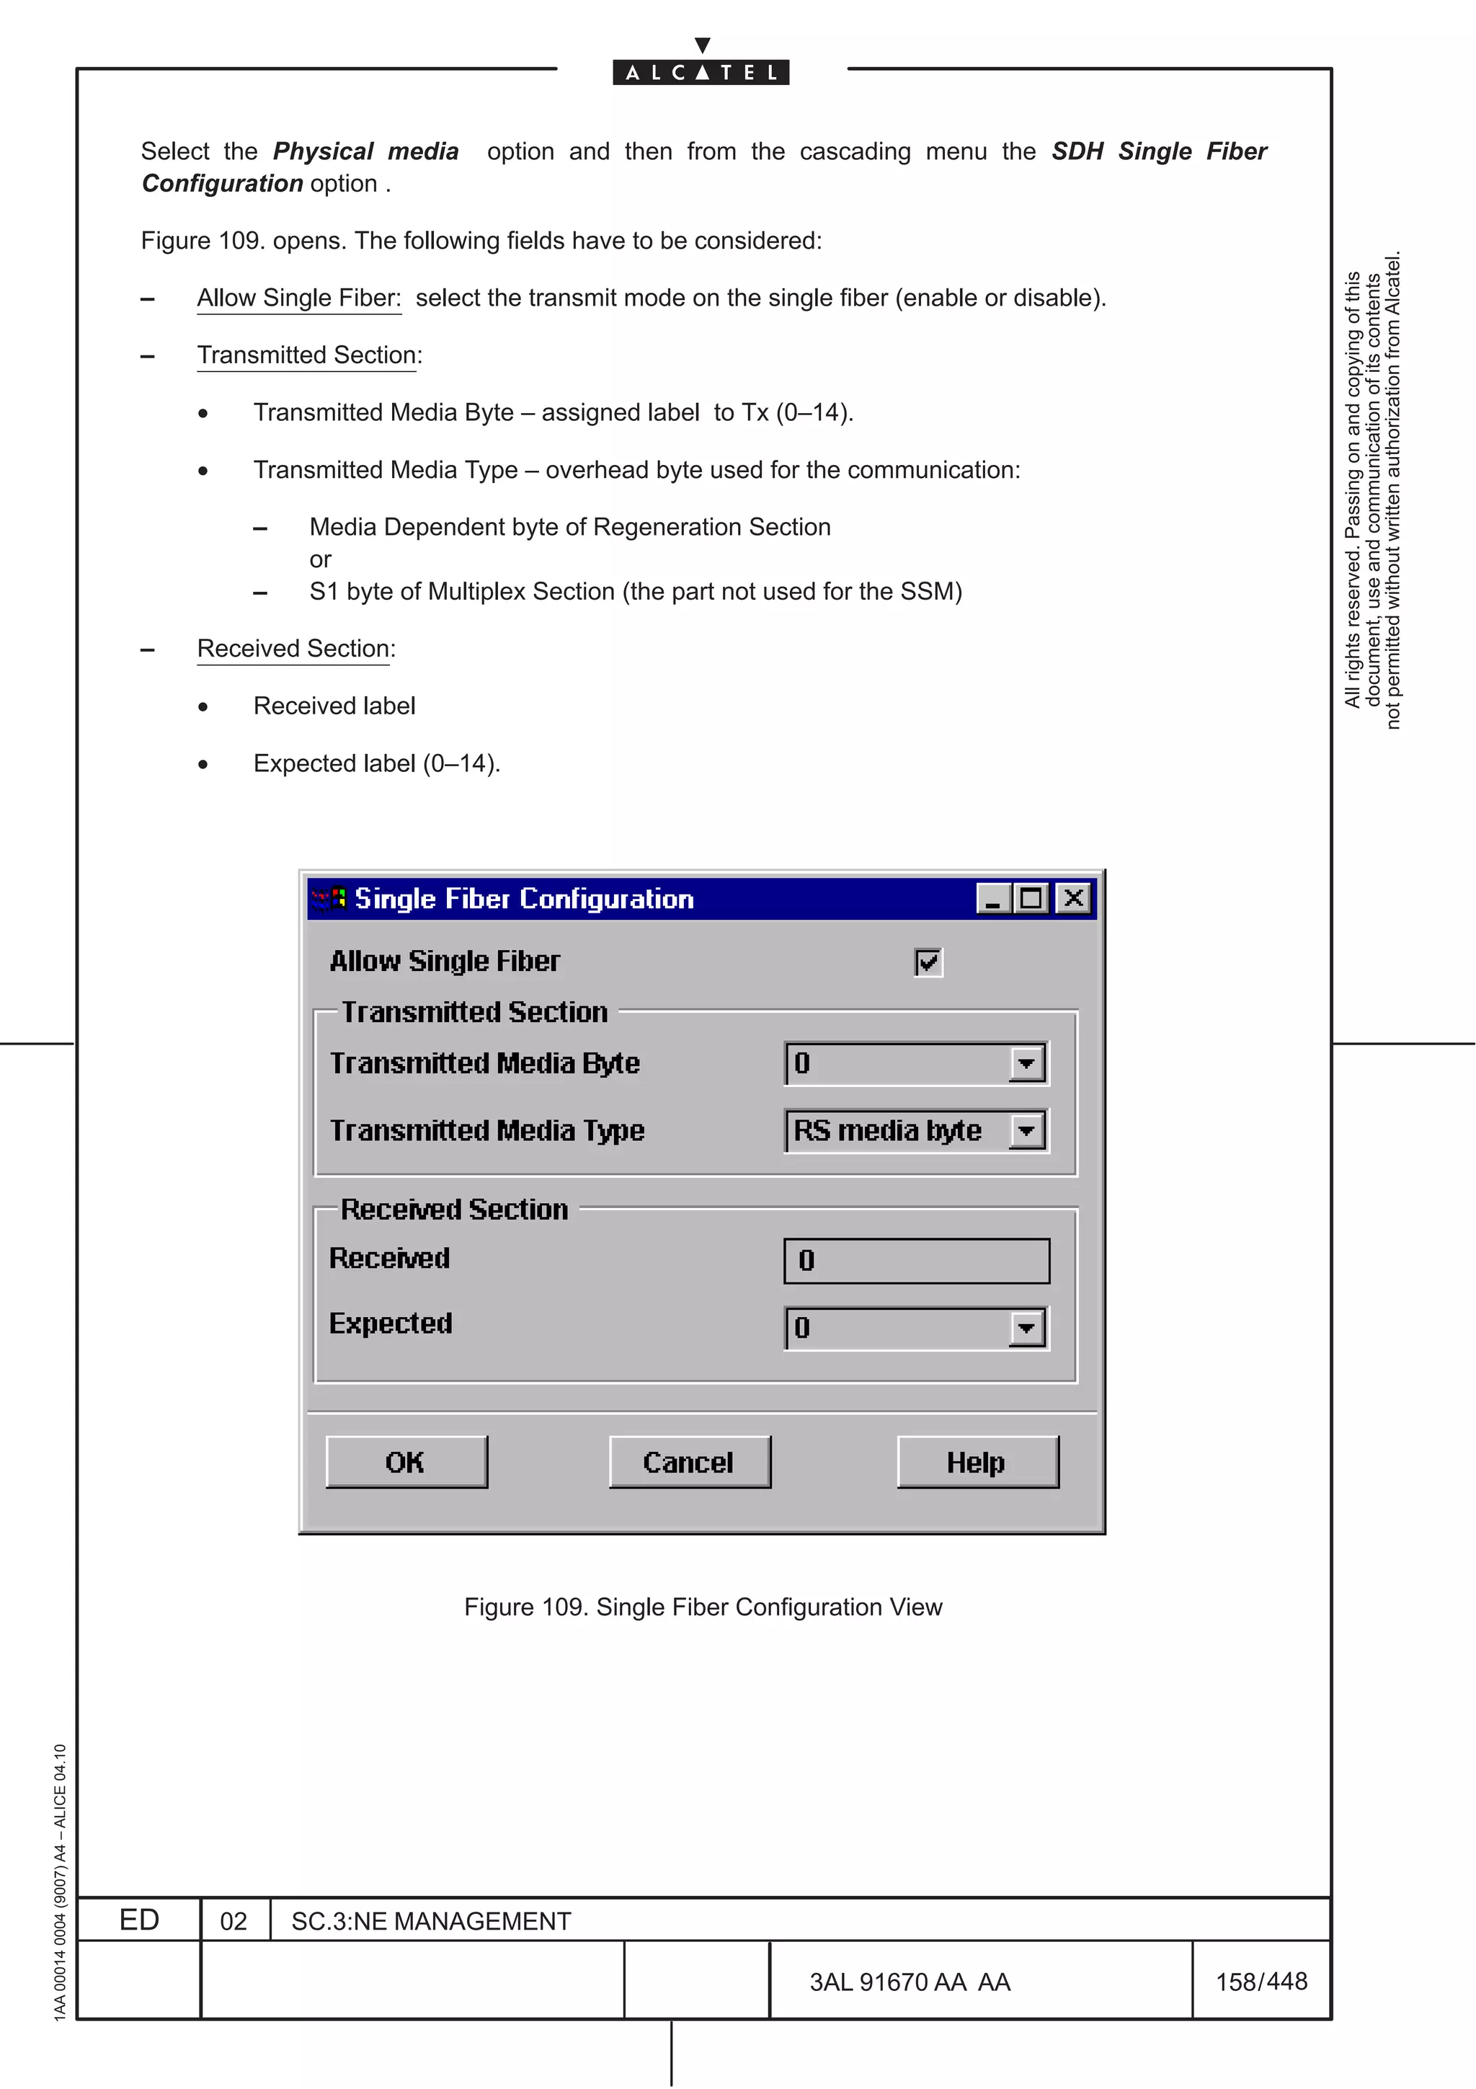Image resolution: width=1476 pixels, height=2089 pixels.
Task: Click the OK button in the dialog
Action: (x=406, y=1462)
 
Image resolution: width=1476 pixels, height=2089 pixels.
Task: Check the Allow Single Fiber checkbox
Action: (x=928, y=962)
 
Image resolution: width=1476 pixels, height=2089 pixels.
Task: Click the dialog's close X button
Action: (x=1073, y=899)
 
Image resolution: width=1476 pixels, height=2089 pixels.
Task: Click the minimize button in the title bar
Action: (x=993, y=899)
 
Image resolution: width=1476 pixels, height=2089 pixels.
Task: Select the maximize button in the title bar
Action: (x=1031, y=899)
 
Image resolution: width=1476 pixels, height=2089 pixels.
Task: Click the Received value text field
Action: (x=916, y=1261)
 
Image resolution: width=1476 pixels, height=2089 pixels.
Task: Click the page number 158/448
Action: (x=1261, y=1981)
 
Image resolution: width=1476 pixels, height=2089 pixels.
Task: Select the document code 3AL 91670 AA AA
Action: (x=910, y=1982)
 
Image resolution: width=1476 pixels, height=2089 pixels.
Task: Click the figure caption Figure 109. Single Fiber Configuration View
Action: (x=703, y=1607)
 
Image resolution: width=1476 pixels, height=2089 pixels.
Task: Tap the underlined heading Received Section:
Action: (x=295, y=649)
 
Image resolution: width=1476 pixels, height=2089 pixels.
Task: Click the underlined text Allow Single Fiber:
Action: (x=298, y=298)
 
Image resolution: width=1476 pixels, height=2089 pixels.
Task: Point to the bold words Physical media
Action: (x=365, y=151)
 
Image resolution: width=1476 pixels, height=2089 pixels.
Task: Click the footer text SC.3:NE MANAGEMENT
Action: (x=430, y=1920)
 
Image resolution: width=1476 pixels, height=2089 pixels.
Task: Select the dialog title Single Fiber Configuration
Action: (x=524, y=899)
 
